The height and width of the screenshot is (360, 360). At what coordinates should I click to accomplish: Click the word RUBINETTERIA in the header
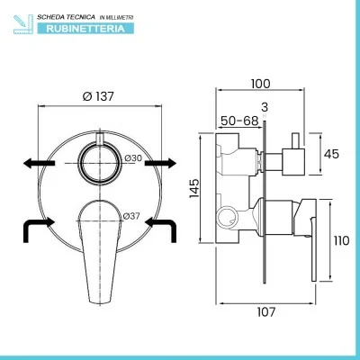[85, 29]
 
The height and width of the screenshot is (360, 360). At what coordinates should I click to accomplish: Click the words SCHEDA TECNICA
[66, 17]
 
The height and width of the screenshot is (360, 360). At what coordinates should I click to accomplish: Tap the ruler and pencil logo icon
[23, 23]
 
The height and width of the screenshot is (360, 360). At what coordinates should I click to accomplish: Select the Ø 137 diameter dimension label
[98, 96]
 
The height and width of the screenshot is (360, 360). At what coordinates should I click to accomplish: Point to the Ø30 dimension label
[133, 158]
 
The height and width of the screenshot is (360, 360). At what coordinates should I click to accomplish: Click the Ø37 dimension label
[131, 216]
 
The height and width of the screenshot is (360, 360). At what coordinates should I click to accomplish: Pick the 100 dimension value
[260, 84]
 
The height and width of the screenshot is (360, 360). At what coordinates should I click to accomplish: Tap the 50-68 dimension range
[239, 121]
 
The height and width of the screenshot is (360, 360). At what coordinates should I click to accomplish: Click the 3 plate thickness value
[265, 107]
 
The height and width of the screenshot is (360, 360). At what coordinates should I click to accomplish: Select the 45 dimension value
[331, 154]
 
